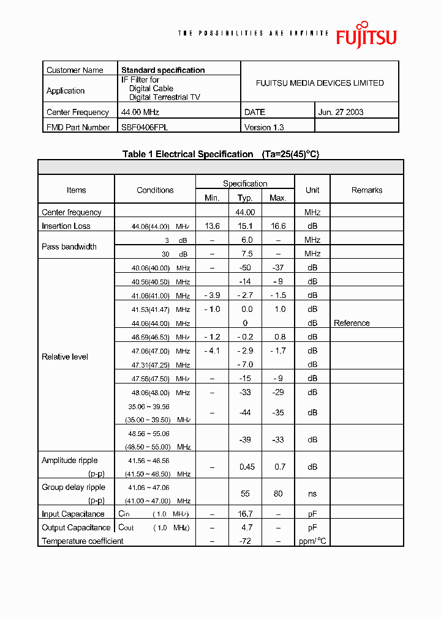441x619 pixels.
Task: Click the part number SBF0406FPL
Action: click(145, 127)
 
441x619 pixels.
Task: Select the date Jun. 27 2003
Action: click(341, 112)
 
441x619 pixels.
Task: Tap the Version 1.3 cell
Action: click(264, 127)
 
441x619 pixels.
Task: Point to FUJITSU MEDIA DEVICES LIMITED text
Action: click(320, 83)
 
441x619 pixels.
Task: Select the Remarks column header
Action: click(367, 190)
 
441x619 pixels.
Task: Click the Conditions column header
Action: click(155, 190)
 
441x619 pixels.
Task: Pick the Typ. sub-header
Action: click(245, 198)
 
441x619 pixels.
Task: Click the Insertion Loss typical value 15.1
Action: click(245, 226)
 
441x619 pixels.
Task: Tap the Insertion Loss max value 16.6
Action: click(278, 226)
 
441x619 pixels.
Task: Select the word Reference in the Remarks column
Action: click(352, 323)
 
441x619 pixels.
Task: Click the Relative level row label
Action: click(65, 357)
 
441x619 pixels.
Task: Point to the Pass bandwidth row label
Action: click(69, 246)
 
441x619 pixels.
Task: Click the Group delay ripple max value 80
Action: click(278, 494)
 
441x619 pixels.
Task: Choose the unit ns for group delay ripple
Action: click(312, 494)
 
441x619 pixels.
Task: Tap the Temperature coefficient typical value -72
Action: click(245, 541)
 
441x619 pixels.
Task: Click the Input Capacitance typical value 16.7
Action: click(245, 514)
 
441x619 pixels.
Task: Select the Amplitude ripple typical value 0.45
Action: click(247, 467)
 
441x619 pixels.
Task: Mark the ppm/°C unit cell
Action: click(312, 541)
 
